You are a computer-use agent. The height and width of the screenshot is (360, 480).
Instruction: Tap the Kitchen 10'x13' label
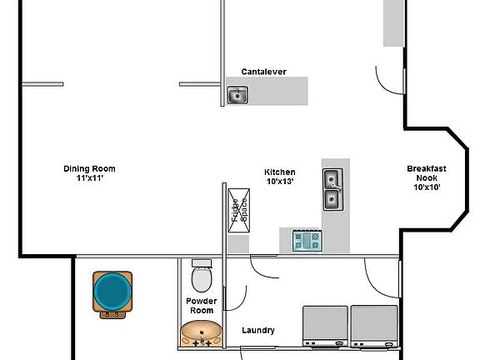coord(280,177)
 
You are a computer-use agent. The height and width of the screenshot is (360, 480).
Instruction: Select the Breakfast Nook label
coord(426,173)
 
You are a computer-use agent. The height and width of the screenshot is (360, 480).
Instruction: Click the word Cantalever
coord(263,72)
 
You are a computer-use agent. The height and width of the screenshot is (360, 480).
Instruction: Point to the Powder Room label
coord(202,305)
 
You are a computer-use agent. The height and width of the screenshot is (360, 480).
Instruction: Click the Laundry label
coord(258,330)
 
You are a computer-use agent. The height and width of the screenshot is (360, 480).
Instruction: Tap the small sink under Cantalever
coord(238,96)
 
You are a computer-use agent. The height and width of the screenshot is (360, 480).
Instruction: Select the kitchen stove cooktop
coord(306,241)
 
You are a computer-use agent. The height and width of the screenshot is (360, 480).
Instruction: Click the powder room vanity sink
coord(202,333)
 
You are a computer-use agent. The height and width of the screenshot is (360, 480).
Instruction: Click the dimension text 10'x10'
coord(426,187)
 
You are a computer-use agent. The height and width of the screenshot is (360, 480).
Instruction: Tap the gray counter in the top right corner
coord(394,23)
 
